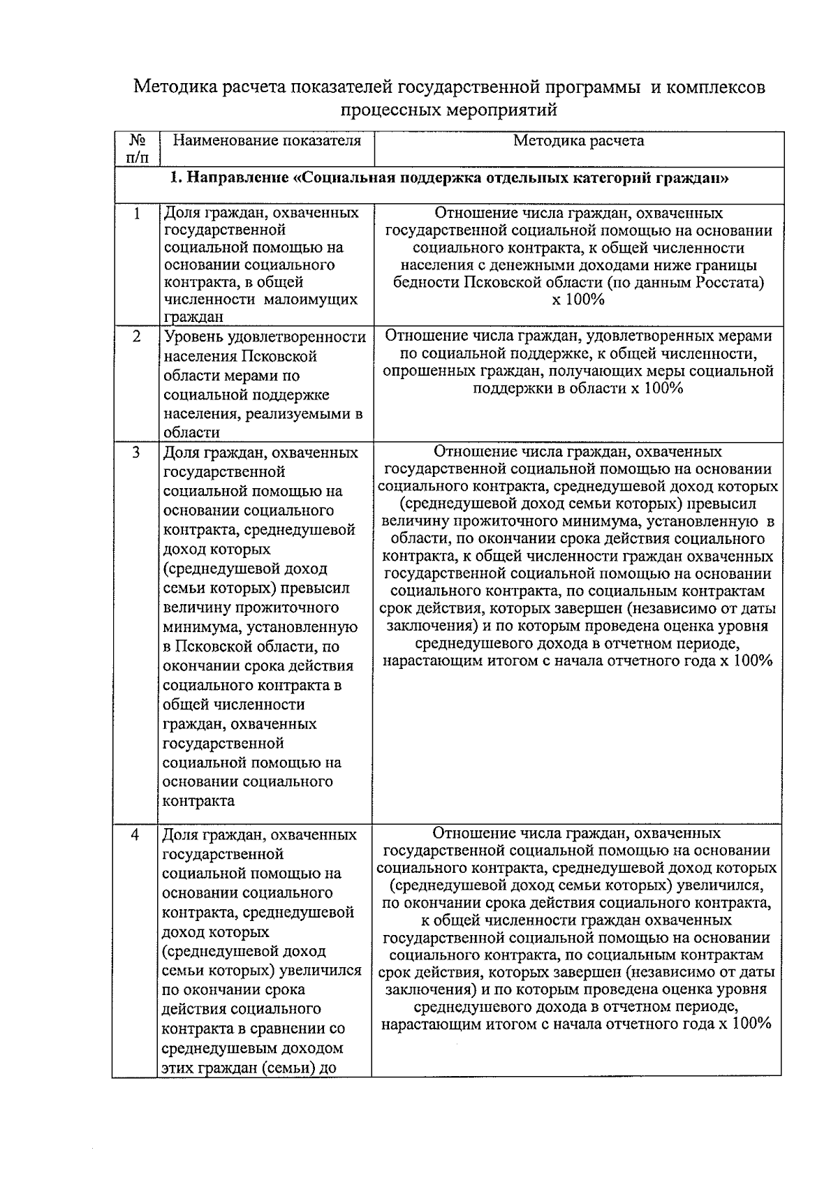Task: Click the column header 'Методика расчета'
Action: (578, 141)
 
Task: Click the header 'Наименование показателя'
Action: (267, 141)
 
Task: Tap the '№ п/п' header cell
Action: (137, 149)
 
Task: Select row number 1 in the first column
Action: (137, 213)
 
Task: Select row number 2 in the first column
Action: (137, 337)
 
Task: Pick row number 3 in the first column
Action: (137, 452)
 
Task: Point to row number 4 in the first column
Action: (137, 834)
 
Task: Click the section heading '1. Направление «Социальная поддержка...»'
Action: (450, 179)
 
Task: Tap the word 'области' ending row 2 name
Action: (191, 433)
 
